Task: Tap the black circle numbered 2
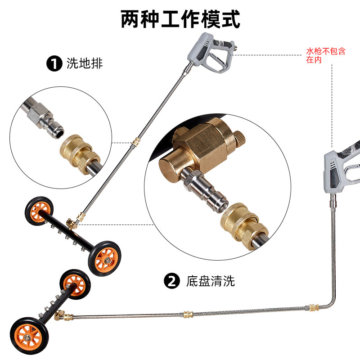pyautogui.click(x=171, y=281)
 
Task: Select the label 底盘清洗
pyautogui.click(x=211, y=282)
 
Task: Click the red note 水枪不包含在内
pyautogui.click(x=326, y=55)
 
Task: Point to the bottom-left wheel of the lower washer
pyautogui.click(x=27, y=333)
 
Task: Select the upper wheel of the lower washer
pyautogui.click(x=74, y=283)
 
